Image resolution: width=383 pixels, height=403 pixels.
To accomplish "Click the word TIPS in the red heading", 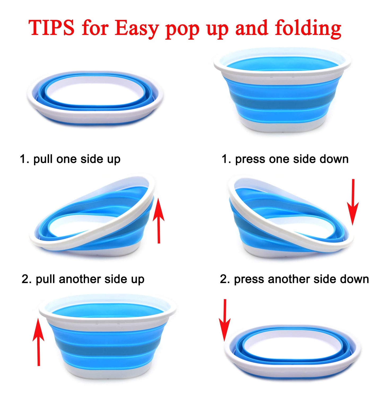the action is point(51,28).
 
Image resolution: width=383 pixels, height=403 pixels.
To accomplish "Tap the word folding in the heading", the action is point(308,29).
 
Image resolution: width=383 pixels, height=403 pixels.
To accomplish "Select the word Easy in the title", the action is point(137,29).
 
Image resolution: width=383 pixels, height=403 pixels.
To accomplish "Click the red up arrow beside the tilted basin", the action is point(159,220).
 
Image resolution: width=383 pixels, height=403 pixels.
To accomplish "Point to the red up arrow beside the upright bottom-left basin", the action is point(39,342).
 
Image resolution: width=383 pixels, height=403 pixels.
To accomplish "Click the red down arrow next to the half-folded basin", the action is point(353,202).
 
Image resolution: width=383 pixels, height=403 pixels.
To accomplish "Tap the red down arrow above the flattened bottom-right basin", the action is point(225,320).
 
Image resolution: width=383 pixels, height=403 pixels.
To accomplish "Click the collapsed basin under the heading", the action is point(95,97).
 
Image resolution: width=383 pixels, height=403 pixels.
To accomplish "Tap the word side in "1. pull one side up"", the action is point(92,159).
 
